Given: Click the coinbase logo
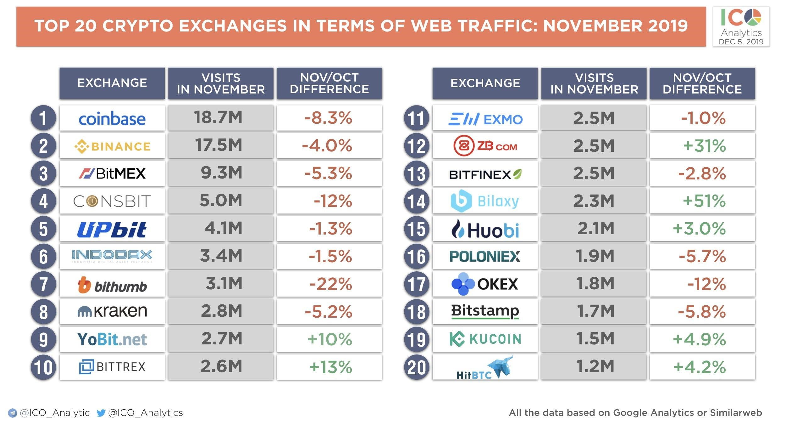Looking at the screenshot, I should click(x=112, y=119).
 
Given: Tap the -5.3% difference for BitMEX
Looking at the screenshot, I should click(x=329, y=173).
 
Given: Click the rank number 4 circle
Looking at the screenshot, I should click(x=43, y=201).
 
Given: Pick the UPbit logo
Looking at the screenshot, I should click(x=112, y=229).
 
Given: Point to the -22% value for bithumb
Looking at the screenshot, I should click(x=330, y=284).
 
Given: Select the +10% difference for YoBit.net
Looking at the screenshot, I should click(x=330, y=339).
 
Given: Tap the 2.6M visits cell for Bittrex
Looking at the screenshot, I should click(x=221, y=367).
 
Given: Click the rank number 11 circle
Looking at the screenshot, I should click(x=416, y=118).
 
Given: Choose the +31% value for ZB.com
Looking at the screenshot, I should click(x=704, y=146).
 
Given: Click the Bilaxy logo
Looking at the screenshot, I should click(x=484, y=201).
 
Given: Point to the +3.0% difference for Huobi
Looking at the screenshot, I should click(x=699, y=229).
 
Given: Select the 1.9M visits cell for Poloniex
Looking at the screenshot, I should click(x=595, y=256).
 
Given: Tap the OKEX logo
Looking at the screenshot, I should click(x=484, y=284).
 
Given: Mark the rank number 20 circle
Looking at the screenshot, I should click(x=416, y=367).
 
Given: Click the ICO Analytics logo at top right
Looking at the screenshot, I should click(x=741, y=27).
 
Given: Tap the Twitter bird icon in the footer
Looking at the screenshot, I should click(x=101, y=413).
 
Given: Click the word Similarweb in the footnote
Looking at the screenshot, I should click(x=736, y=413).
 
